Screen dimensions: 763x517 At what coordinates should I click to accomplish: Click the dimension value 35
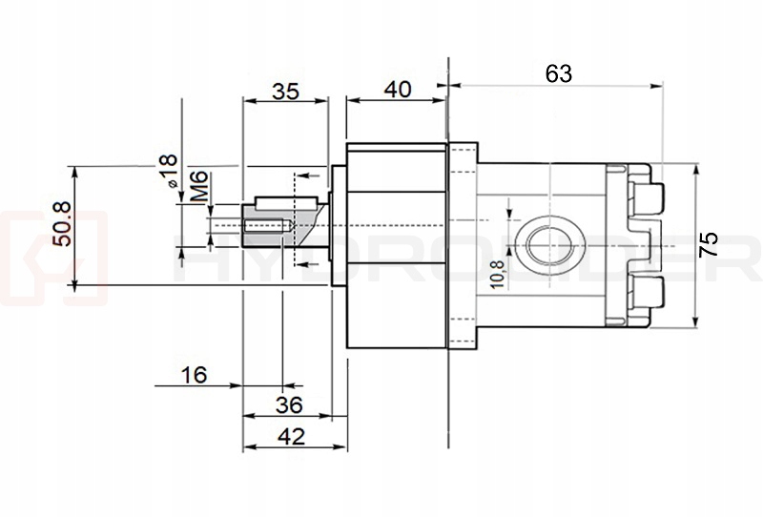click(x=285, y=92)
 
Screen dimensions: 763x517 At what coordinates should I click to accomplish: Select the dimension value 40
click(x=397, y=90)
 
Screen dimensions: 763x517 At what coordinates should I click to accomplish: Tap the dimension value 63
click(x=558, y=72)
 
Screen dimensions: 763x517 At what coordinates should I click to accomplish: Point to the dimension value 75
click(x=708, y=244)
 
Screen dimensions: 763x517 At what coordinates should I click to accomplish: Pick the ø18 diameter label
click(x=168, y=171)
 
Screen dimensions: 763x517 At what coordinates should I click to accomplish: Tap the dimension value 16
click(x=194, y=375)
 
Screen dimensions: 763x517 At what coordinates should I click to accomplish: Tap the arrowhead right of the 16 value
click(x=236, y=385)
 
